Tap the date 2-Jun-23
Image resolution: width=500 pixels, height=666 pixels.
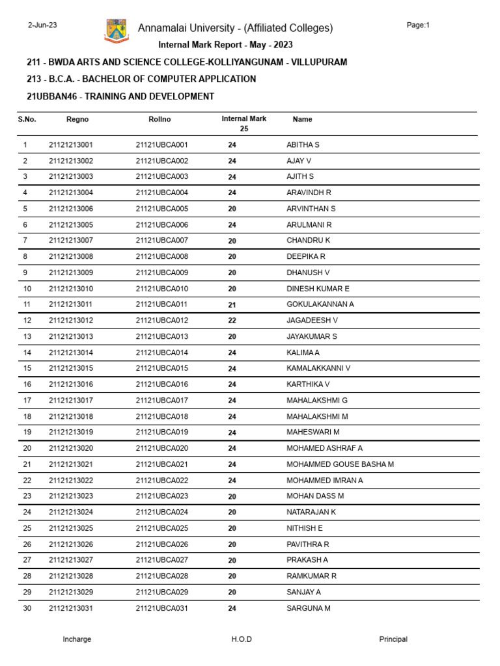pos(42,25)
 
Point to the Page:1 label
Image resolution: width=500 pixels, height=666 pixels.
pos(418,25)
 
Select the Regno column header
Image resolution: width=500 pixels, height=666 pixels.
pos(77,120)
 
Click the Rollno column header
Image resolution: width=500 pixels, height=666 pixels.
pos(160,120)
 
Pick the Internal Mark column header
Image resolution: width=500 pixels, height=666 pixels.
pos(244,119)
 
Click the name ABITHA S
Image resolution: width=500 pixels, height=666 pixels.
pos(303,145)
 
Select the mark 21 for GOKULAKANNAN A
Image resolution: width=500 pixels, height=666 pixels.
pos(232,304)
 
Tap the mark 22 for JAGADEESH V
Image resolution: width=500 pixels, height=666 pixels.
pos(232,321)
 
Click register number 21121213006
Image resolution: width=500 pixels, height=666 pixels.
pos(71,209)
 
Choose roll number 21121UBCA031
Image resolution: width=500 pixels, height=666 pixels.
pos(162,608)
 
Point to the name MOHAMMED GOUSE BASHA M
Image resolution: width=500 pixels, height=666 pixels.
pos(340,464)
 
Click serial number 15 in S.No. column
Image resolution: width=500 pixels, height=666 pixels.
pos(27,368)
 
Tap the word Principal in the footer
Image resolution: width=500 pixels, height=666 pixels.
pos(393,639)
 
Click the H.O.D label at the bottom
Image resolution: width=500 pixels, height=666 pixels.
pos(242,639)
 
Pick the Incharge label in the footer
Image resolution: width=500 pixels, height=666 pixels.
pos(77,639)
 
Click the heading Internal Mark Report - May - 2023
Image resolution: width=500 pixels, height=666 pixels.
pos(226,45)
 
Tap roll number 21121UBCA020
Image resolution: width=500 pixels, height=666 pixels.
pos(162,448)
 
